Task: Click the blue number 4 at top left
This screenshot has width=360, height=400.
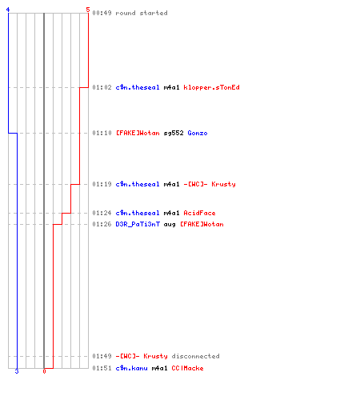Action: [x=8, y=10]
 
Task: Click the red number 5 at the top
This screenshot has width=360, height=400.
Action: [x=88, y=10]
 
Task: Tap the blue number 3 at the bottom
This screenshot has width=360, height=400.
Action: [x=17, y=371]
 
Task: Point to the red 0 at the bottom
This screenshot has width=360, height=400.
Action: [x=44, y=371]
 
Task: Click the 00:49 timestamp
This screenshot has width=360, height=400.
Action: [x=102, y=13]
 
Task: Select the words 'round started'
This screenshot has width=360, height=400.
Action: [x=142, y=13]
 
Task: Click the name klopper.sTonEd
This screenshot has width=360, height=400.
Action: [x=211, y=87]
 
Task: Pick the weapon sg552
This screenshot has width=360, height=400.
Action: [x=174, y=133]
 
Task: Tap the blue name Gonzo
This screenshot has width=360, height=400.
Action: [x=198, y=133]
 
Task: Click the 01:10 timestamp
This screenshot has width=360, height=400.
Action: [x=102, y=133]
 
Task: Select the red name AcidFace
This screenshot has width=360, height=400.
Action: [x=199, y=213]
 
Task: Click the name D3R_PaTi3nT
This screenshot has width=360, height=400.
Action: [x=138, y=224]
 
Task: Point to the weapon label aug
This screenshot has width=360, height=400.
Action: [x=170, y=225]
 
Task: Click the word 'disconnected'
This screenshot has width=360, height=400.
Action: [x=195, y=356]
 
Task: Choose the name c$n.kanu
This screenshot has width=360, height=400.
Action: [x=131, y=368]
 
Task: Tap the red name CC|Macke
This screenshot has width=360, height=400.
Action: [x=187, y=368]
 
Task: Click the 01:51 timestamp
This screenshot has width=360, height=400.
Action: [x=102, y=368]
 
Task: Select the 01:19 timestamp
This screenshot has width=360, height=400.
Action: [x=102, y=184]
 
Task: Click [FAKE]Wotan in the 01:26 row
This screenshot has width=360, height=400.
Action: [x=202, y=224]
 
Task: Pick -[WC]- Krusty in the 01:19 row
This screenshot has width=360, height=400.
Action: [x=210, y=184]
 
